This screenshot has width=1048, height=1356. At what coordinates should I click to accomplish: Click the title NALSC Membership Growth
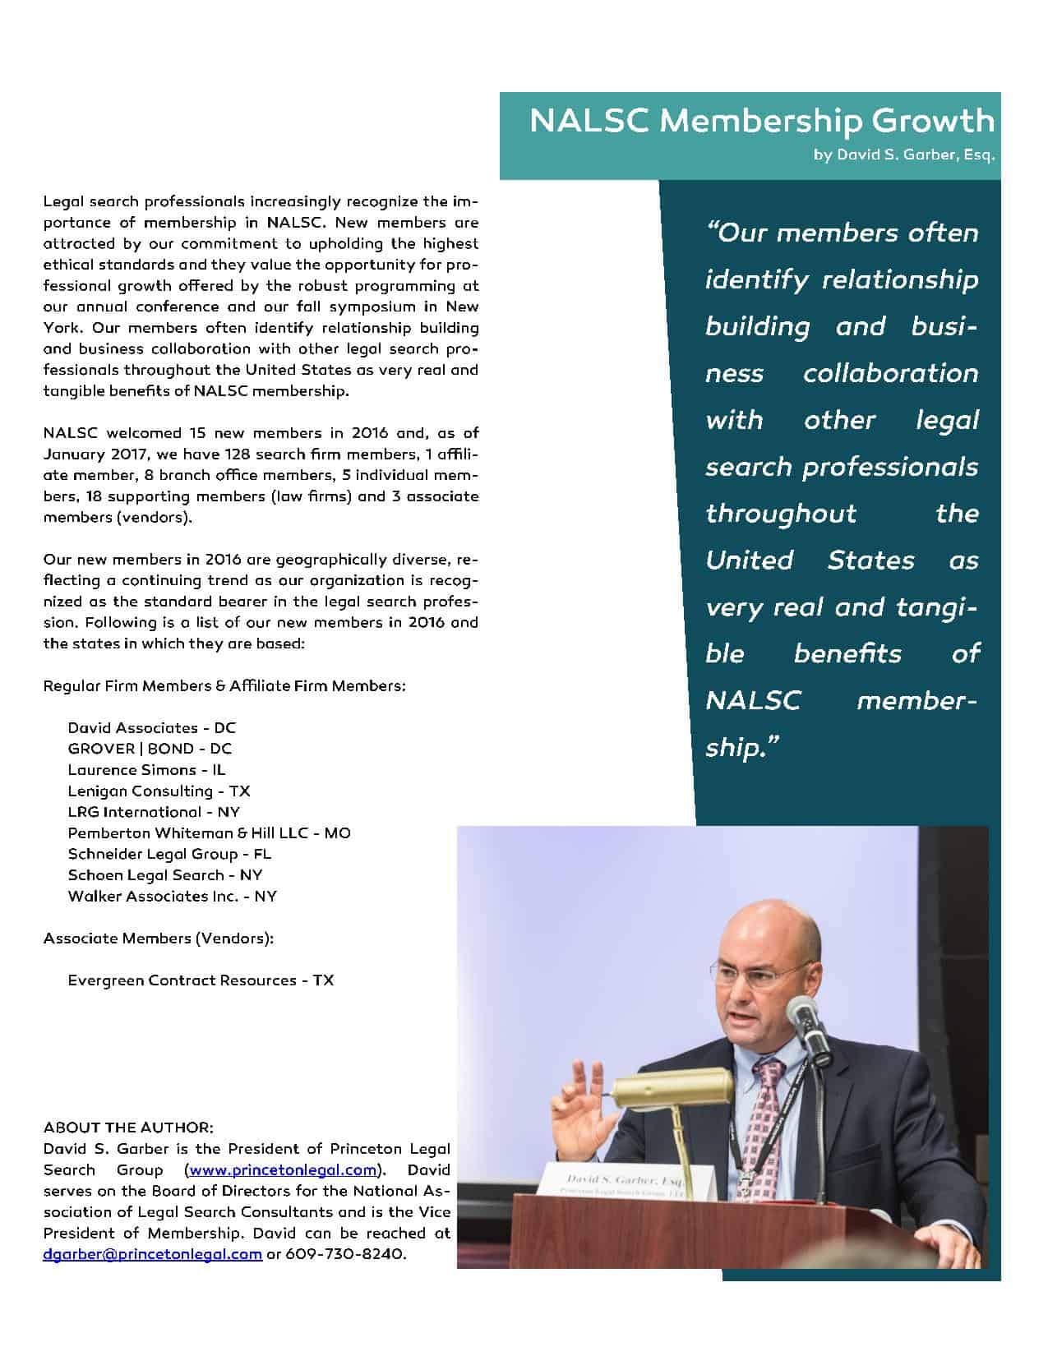click(761, 121)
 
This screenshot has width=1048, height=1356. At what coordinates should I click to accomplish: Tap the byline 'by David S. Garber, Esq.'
click(904, 155)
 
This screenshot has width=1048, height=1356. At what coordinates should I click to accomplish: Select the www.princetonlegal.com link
click(283, 1169)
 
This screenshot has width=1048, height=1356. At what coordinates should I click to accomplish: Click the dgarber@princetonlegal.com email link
click(152, 1254)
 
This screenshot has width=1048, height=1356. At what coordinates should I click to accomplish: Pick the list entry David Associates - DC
click(151, 727)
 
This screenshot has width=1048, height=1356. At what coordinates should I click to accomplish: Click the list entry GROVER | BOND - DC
click(150, 749)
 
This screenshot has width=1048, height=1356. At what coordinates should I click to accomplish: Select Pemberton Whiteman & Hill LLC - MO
click(209, 833)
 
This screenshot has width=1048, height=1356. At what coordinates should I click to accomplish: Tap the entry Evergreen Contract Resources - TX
click(201, 980)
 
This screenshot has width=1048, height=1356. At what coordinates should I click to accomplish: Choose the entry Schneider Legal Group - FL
click(169, 854)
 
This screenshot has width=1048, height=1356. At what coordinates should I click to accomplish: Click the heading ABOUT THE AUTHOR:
click(128, 1127)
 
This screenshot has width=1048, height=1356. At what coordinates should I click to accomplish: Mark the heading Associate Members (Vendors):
click(159, 938)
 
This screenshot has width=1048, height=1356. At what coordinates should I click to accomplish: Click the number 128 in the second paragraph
click(236, 454)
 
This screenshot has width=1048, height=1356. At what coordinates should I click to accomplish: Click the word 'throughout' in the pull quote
click(781, 514)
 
